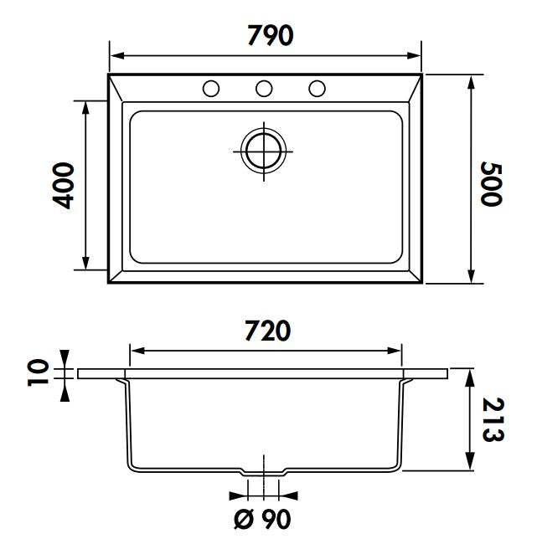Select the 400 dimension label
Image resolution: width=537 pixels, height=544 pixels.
tap(63, 185)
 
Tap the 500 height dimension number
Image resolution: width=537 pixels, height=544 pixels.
tap(492, 183)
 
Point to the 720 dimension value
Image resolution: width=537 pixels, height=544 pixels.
tap(267, 331)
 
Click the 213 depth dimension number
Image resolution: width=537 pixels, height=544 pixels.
tap(493, 419)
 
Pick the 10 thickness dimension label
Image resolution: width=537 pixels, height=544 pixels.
tap(39, 372)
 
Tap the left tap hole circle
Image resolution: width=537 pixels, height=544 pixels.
tap(211, 88)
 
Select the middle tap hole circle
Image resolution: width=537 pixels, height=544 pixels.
tap(264, 88)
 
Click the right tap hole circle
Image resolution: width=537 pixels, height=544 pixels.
tap(317, 88)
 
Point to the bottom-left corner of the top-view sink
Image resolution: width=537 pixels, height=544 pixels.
tap(110, 282)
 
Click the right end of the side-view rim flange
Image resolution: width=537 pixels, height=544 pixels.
tap(450, 374)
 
